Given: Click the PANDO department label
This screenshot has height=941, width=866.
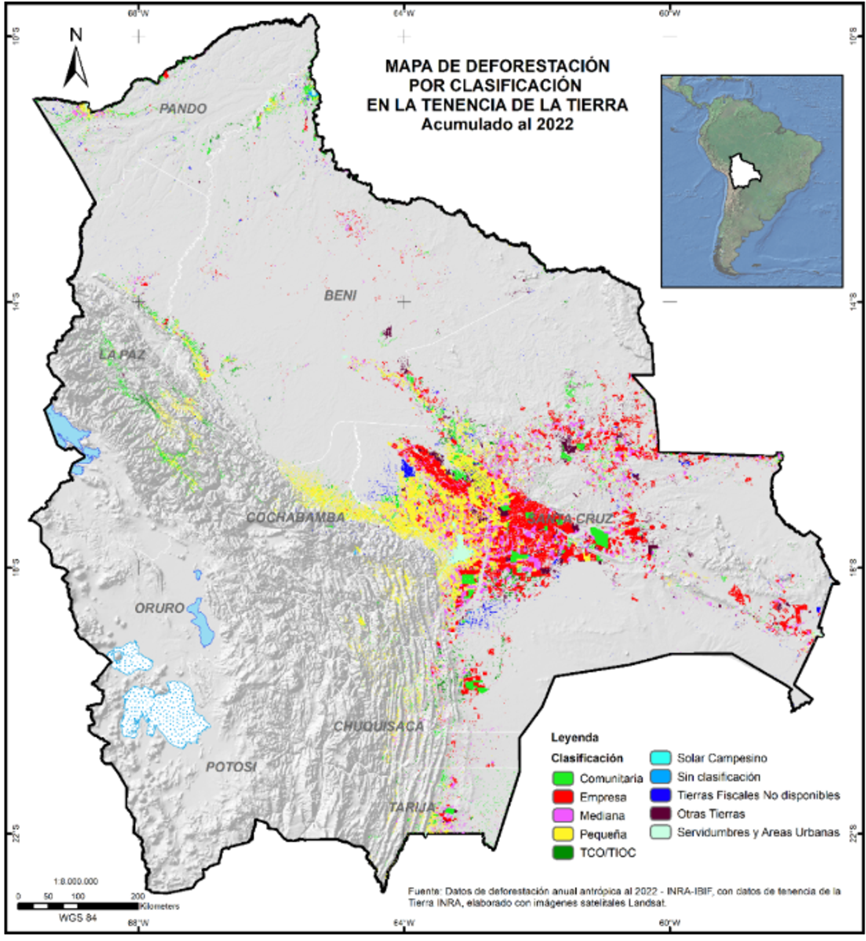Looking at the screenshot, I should coord(183,109).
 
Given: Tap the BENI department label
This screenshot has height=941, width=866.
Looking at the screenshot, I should coord(340,295).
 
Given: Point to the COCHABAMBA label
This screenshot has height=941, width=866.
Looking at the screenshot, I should coord(296,517).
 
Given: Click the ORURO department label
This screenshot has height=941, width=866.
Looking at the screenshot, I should coord(159,608).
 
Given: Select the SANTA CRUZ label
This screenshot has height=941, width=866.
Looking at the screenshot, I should coord(569,519).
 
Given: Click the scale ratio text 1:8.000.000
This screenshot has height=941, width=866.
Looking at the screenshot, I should coord(76,881).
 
